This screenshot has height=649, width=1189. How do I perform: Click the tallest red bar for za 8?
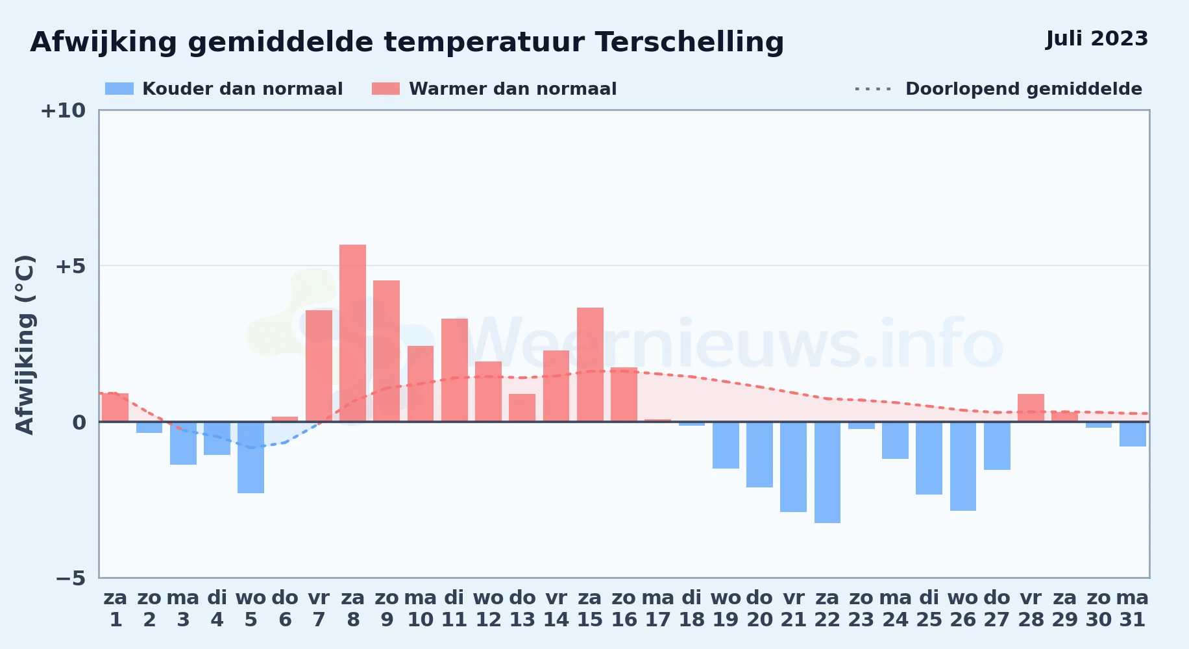[x=352, y=333]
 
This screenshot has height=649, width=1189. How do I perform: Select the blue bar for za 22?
[x=827, y=472]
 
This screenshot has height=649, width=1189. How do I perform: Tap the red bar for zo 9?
[x=386, y=351]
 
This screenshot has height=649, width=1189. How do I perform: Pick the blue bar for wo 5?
[x=251, y=458]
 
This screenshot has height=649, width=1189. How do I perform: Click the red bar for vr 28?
[x=1031, y=408]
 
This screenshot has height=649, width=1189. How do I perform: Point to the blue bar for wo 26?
[x=963, y=466]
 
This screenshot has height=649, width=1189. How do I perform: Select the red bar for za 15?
[x=590, y=365]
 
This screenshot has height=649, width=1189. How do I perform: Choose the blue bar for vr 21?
[x=793, y=467]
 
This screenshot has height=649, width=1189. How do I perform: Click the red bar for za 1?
[x=115, y=408]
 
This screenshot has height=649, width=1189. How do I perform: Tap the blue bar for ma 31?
[x=1133, y=434]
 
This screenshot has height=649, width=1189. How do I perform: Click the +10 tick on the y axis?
[x=63, y=110]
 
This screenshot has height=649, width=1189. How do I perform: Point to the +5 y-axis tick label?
[x=70, y=266]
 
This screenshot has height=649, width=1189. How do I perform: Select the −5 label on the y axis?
[x=70, y=578]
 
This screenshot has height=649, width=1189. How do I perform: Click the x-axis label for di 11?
[x=454, y=608]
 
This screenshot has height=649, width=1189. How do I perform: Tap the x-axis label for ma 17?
[x=658, y=608]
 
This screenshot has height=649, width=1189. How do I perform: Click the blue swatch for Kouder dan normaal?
[x=119, y=89]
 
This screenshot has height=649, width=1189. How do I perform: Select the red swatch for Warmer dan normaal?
[x=386, y=89]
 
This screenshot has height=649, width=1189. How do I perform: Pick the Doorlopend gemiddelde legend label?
[x=1024, y=89]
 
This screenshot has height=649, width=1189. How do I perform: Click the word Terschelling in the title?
[x=689, y=43]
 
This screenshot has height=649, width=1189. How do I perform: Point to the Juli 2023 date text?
[x=1097, y=39]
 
